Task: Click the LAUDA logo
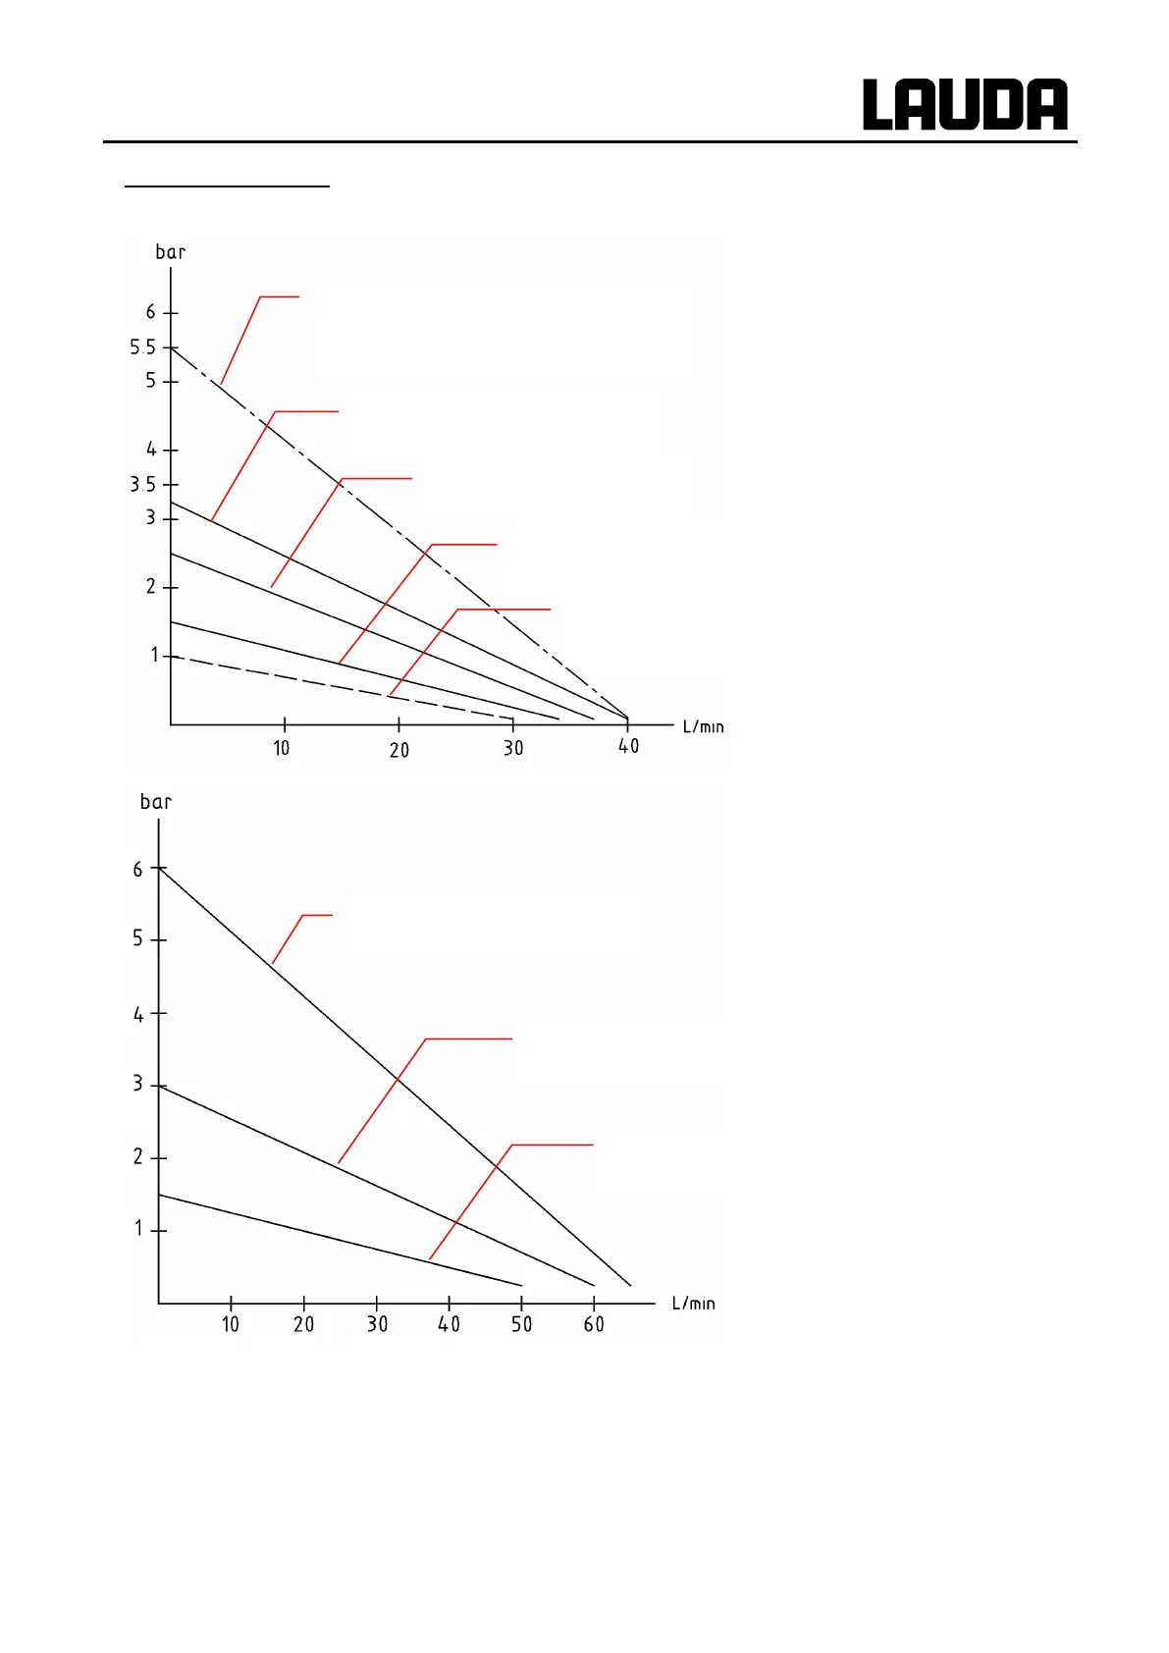tap(965, 105)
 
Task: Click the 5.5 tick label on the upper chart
tap(142, 347)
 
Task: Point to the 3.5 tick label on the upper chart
tap(142, 484)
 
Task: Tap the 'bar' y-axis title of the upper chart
tap(170, 252)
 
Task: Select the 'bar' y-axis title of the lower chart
tap(156, 802)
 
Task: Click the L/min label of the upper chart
tap(703, 726)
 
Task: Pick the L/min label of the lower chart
tap(693, 1303)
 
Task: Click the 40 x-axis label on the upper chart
tap(628, 747)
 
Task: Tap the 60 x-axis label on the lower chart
tap(594, 1324)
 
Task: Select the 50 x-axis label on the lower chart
tap(521, 1324)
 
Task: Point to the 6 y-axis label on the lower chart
tap(138, 870)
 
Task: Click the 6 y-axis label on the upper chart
tap(150, 312)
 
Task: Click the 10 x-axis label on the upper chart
tap(282, 748)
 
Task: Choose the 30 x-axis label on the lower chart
tap(377, 1324)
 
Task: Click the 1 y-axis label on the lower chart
tap(138, 1229)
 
